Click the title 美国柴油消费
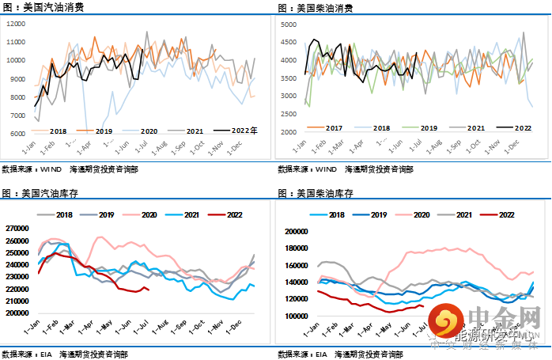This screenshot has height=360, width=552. click(327, 8)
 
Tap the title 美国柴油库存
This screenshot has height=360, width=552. click(327, 192)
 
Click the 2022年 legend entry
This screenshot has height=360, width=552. click(248, 131)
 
